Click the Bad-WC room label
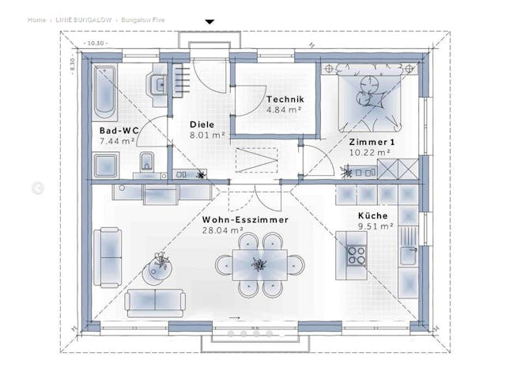(115, 130)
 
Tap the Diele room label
(202, 124)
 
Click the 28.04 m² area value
(223, 230)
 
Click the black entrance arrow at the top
(210, 21)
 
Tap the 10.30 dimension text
(96, 43)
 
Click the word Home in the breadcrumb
(36, 19)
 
